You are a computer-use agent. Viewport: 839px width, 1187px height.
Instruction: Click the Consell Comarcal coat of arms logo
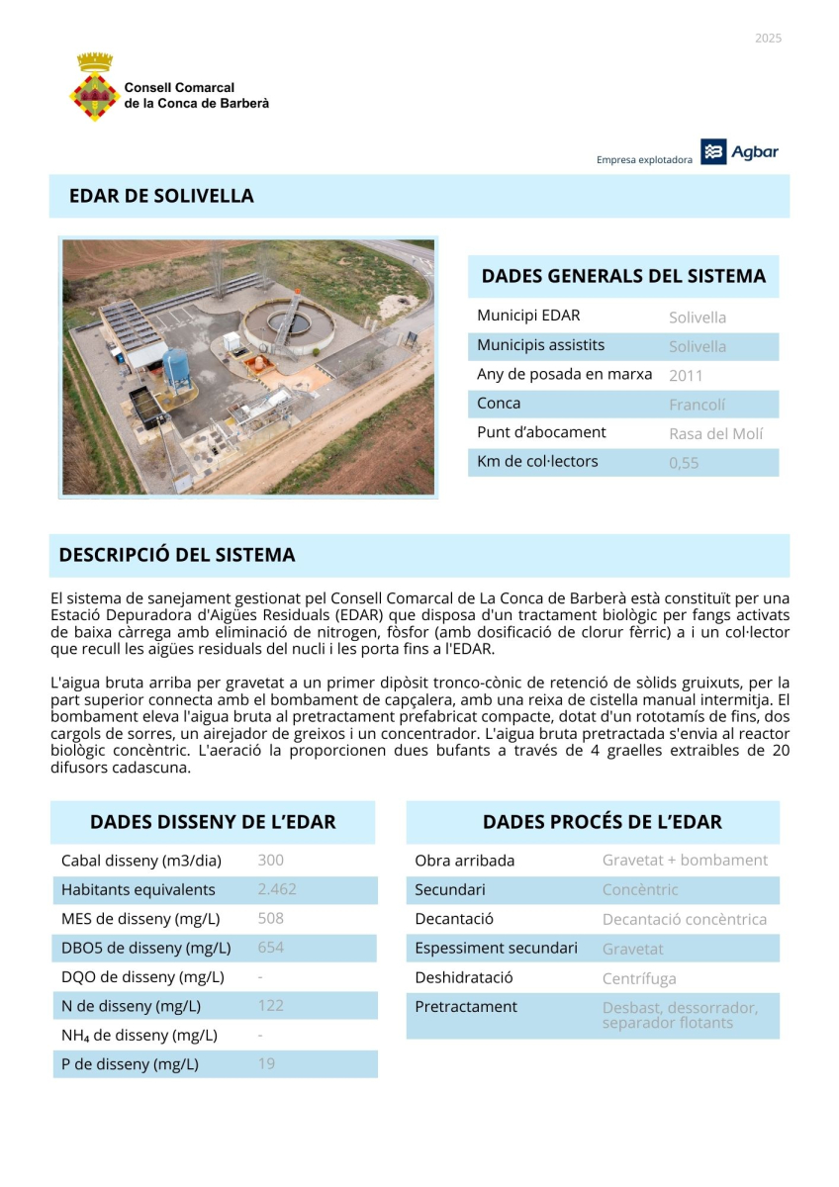pyautogui.click(x=95, y=87)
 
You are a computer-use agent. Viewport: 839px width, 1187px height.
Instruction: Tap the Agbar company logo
pyautogui.click(x=740, y=152)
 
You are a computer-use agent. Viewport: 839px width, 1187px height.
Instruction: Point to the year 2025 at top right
pyautogui.click(x=768, y=39)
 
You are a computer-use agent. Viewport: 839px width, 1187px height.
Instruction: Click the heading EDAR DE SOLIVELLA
pyautogui.click(x=161, y=196)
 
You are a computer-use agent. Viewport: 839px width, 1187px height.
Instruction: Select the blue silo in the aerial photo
pyautogui.click(x=176, y=366)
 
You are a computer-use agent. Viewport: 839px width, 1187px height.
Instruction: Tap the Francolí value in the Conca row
pyautogui.click(x=697, y=405)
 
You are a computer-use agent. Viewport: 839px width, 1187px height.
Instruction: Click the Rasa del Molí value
pyautogui.click(x=716, y=433)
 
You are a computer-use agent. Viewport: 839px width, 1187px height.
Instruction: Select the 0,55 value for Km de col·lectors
pyautogui.click(x=684, y=462)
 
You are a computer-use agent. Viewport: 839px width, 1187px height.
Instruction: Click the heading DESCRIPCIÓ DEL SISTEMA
pyautogui.click(x=177, y=555)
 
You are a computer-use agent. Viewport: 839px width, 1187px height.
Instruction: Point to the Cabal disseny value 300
pyautogui.click(x=270, y=861)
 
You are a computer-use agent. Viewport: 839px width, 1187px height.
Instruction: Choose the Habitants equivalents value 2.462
pyautogui.click(x=277, y=889)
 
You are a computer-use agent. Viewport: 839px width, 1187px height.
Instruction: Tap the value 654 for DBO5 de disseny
pyautogui.click(x=270, y=948)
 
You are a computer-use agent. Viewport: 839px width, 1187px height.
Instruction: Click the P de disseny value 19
pyautogui.click(x=266, y=1064)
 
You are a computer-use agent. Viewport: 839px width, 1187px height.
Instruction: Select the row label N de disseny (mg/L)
pyautogui.click(x=131, y=1006)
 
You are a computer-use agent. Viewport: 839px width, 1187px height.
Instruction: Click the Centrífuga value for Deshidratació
pyautogui.click(x=639, y=978)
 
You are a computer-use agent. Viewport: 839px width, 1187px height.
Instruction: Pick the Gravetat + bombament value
pyautogui.click(x=685, y=861)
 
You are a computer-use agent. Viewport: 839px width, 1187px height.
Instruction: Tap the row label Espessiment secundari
pyautogui.click(x=496, y=949)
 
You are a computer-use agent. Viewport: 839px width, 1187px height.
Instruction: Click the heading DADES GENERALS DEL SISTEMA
pyautogui.click(x=623, y=276)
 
